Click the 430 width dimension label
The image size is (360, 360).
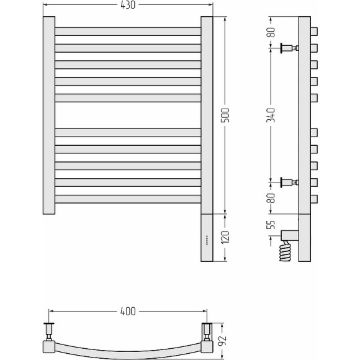[x=128, y=5]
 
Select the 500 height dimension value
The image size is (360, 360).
[x=225, y=115]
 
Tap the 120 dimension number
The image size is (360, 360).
[x=225, y=236]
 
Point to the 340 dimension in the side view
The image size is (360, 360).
[x=271, y=115]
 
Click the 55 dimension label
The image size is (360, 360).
[x=271, y=225]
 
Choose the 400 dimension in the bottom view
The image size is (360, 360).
[x=128, y=312]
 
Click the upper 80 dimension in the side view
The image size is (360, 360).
[x=271, y=32]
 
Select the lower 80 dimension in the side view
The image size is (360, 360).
[x=271, y=198]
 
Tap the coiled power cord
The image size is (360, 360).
[x=285, y=251]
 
